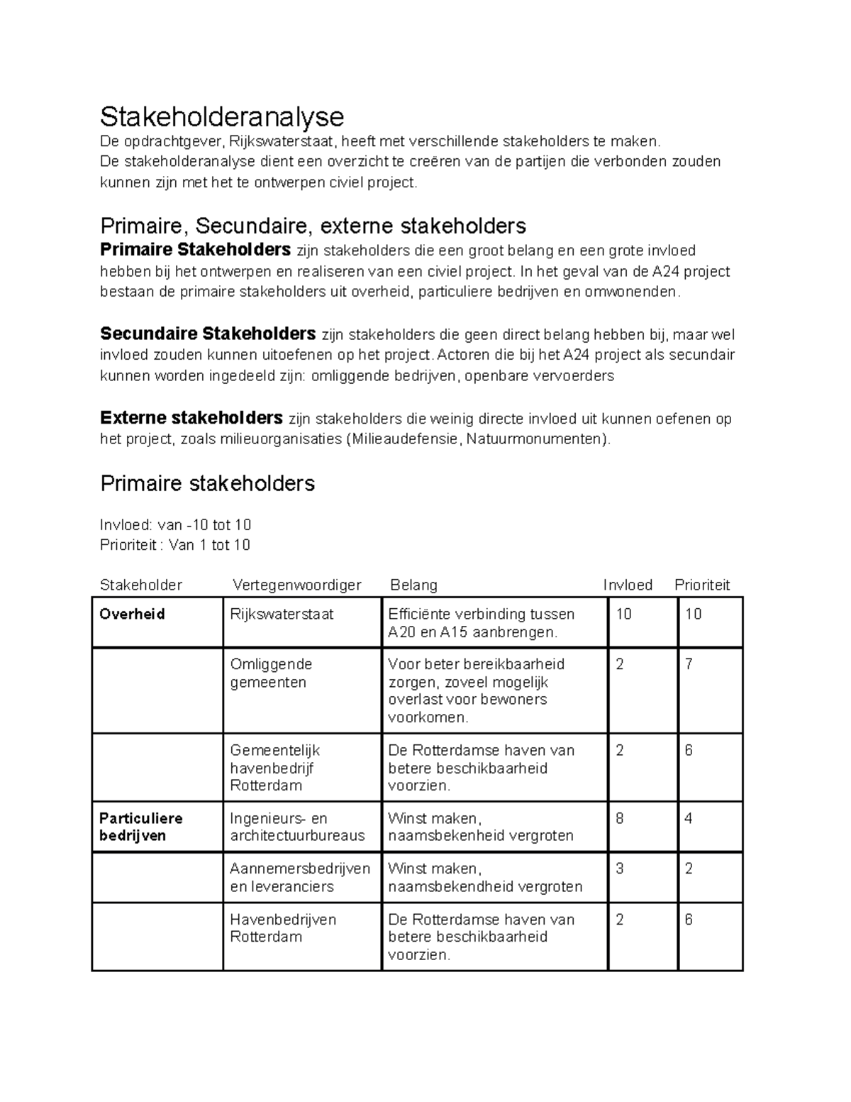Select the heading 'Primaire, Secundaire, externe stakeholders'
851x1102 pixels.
click(x=313, y=226)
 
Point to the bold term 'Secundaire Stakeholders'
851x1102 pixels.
click(x=208, y=334)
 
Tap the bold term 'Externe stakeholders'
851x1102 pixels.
click(x=191, y=418)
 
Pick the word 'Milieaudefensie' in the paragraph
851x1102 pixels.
click(x=404, y=439)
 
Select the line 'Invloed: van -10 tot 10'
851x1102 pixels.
click(x=176, y=525)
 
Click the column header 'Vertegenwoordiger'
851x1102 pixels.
click(x=296, y=585)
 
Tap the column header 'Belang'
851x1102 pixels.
click(x=413, y=585)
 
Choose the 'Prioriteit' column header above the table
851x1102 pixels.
click(x=701, y=585)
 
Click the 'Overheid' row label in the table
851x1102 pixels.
click(x=133, y=615)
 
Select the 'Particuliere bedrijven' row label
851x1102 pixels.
click(x=140, y=827)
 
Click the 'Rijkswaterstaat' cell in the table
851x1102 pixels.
click(x=282, y=615)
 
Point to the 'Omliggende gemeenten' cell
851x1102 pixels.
click(x=271, y=673)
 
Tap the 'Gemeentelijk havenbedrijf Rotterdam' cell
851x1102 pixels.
click(x=275, y=768)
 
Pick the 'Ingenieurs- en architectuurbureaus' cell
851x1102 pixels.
click(x=297, y=827)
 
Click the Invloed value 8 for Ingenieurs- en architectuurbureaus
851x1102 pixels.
click(x=620, y=819)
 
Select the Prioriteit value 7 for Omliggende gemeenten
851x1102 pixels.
click(x=689, y=665)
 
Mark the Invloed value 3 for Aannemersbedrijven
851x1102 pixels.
click(x=620, y=869)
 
